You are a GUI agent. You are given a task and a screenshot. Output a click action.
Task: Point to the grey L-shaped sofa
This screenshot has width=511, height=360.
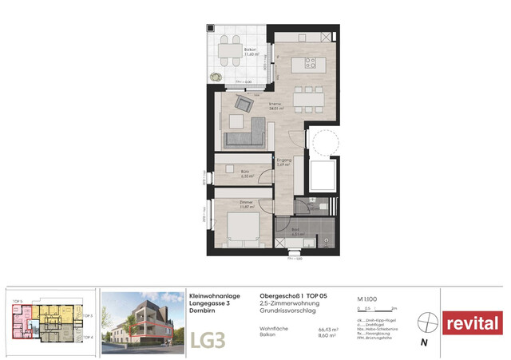click(x=246, y=136)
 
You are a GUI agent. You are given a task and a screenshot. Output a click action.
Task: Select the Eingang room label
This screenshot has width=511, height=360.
click(x=283, y=162)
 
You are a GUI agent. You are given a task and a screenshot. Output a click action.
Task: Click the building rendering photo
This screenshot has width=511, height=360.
click(x=143, y=322)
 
